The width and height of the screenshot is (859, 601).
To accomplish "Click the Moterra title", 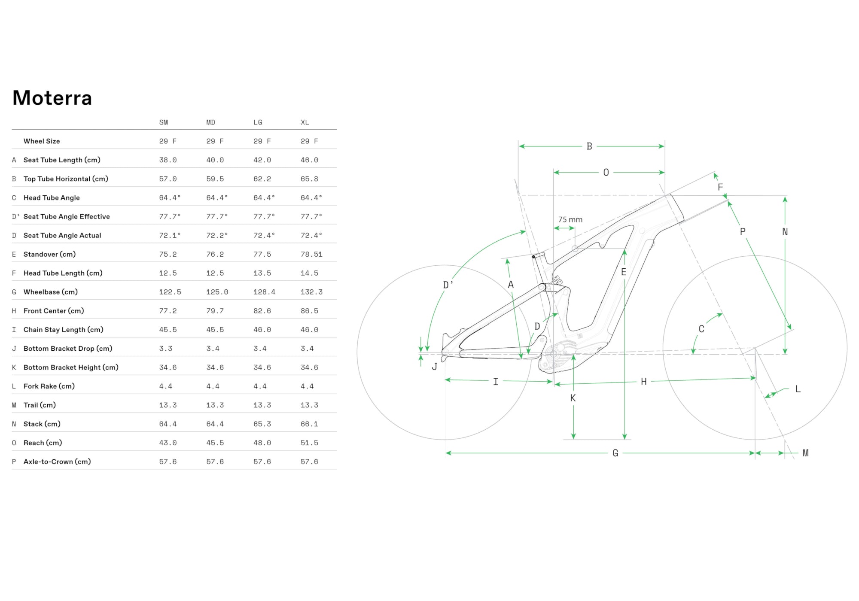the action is (52, 98).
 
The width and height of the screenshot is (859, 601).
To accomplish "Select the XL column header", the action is (305, 122).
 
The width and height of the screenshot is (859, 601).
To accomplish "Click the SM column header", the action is (163, 122).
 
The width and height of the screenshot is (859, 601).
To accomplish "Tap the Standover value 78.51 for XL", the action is (311, 254).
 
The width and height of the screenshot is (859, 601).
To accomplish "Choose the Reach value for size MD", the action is (215, 443).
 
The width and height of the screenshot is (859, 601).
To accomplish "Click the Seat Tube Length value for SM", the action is (168, 160).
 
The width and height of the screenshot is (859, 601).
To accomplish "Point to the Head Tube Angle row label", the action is (52, 198).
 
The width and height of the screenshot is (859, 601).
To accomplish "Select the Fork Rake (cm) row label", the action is (49, 386).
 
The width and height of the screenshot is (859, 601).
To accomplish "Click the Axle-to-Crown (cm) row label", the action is (57, 462).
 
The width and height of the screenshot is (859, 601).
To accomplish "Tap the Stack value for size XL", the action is (309, 424).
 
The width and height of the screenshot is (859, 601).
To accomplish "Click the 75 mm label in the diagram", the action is (570, 220).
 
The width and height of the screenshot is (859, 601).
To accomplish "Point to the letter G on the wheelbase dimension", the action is (615, 453).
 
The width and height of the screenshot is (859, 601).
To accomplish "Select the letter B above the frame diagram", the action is (589, 146).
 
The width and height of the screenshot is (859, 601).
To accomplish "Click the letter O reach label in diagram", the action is (606, 173).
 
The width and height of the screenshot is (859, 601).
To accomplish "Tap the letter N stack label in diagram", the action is (785, 232).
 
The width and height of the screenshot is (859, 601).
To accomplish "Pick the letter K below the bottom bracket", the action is (573, 398).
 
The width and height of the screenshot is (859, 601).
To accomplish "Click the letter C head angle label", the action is (701, 329).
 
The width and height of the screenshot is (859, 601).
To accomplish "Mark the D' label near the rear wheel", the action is (448, 285).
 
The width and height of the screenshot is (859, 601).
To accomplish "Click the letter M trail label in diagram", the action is (805, 453).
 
